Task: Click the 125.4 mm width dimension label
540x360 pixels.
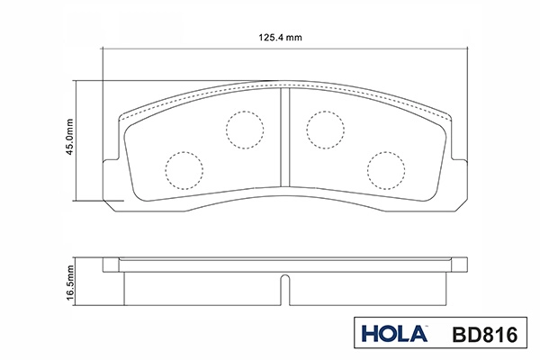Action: [x=280, y=37]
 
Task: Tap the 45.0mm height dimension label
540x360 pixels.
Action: [x=69, y=137]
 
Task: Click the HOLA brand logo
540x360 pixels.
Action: [x=394, y=334]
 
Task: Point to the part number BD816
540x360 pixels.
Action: [x=484, y=335]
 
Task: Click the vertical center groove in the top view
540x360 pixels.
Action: [x=284, y=137]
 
